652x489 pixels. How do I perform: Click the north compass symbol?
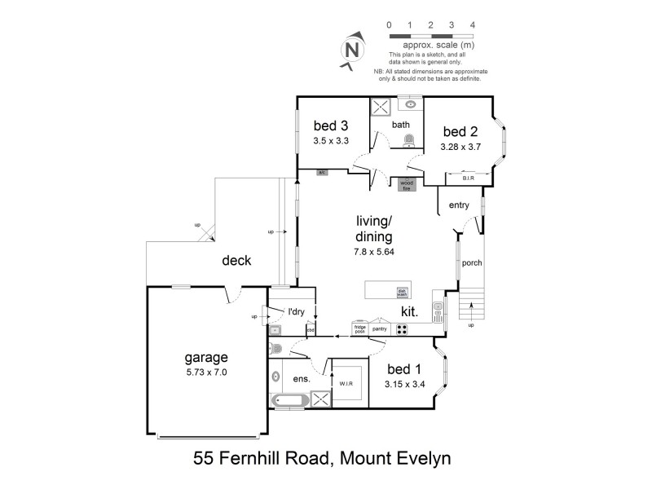pyautogui.click(x=352, y=48)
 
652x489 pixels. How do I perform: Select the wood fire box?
pyautogui.click(x=406, y=184)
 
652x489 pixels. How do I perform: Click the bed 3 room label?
pyautogui.click(x=331, y=126)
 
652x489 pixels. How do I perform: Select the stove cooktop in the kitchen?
pyautogui.click(x=402, y=329)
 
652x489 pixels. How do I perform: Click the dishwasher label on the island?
pyautogui.click(x=402, y=291)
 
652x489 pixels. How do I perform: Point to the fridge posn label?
pyautogui.click(x=359, y=329)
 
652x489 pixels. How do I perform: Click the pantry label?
pyautogui.click(x=380, y=329)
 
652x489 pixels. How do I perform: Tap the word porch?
pyautogui.click(x=472, y=263)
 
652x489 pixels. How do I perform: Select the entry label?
pyautogui.click(x=459, y=205)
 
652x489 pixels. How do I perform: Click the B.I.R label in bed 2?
pyautogui.click(x=469, y=178)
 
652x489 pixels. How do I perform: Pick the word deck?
pyautogui.click(x=236, y=261)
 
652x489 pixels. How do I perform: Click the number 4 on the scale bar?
pyautogui.click(x=473, y=25)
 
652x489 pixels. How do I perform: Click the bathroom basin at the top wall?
pyautogui.click(x=410, y=104)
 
